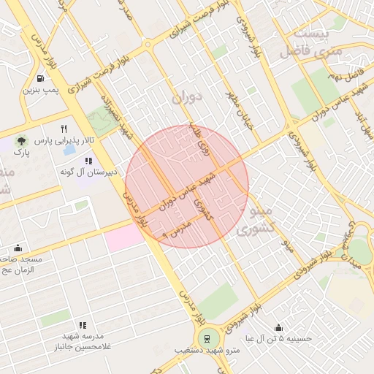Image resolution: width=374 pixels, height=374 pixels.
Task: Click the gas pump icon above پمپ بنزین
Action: [x=37, y=78]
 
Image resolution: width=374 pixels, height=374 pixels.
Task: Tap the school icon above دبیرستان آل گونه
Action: [x=88, y=161]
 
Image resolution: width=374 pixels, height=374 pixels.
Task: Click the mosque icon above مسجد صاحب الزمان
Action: [x=18, y=248]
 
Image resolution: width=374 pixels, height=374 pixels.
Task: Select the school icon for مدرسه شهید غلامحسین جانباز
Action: [x=83, y=325]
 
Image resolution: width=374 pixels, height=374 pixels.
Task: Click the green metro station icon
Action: [x=207, y=339]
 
